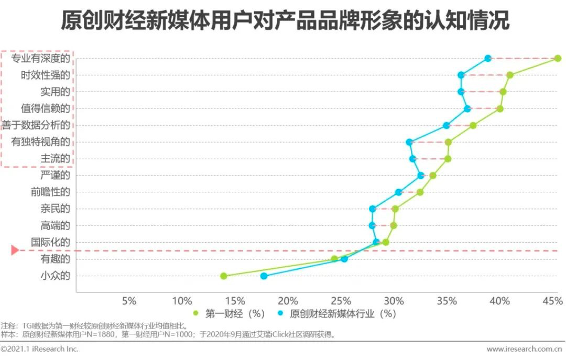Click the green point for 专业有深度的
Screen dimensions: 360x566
(x=558, y=58)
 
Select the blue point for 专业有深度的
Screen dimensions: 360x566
(x=488, y=58)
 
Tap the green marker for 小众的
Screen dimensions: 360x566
(x=224, y=276)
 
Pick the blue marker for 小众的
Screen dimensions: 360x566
(x=264, y=276)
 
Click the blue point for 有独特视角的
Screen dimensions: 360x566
(x=409, y=142)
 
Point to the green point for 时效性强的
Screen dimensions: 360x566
(x=510, y=75)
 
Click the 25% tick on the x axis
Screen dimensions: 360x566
(x=341, y=301)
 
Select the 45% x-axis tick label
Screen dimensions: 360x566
(x=552, y=301)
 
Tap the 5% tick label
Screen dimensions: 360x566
(x=129, y=301)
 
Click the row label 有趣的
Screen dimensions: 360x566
(x=55, y=259)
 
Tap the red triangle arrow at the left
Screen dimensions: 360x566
(x=15, y=250)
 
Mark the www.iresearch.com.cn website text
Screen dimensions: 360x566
(x=525, y=349)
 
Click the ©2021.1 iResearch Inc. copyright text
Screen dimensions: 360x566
(x=39, y=349)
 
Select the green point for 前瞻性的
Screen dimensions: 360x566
(x=420, y=192)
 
